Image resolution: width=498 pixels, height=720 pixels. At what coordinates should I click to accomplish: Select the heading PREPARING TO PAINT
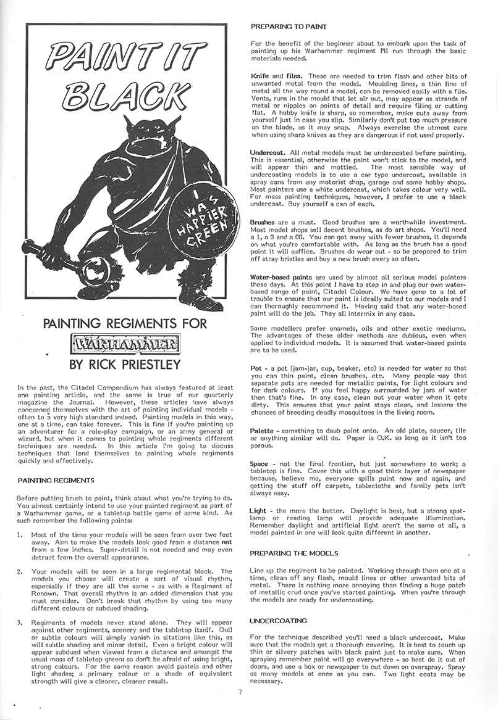point(289,27)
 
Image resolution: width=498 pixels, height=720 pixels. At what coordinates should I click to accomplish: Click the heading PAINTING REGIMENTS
point(56,480)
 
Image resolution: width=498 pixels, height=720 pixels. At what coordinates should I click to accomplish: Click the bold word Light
point(258,511)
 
